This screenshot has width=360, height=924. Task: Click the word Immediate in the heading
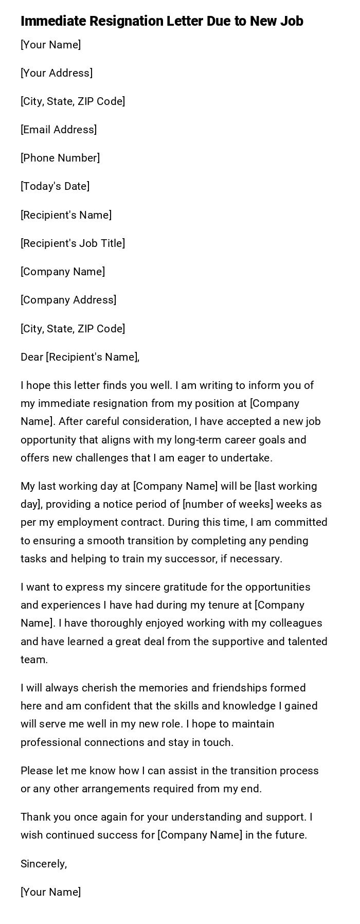point(53,21)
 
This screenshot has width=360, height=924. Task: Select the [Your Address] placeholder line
point(57,73)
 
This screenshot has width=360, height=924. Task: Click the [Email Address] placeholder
point(59,130)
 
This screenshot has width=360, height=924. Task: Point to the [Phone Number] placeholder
point(60,158)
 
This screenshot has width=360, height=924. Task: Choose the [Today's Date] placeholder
point(55,186)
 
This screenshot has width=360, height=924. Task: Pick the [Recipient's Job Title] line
point(73,243)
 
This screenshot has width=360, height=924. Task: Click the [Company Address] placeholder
point(68,300)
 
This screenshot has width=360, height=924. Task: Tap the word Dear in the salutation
point(32,357)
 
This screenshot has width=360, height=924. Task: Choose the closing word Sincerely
point(44,864)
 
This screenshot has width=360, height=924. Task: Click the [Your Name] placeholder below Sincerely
point(50,892)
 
